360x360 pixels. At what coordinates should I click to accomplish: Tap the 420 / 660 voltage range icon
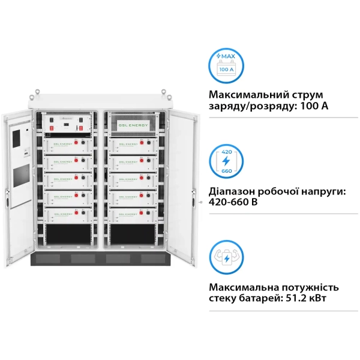point(226,160)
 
